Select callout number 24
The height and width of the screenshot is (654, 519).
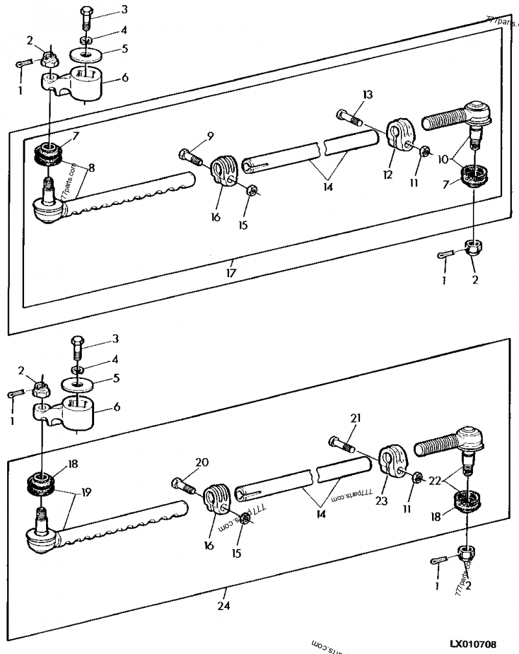pos(224,607)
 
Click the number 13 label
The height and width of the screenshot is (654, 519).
pos(368,95)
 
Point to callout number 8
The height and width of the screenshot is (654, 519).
pos(92,168)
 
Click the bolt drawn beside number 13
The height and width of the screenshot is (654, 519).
pos(351,118)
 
